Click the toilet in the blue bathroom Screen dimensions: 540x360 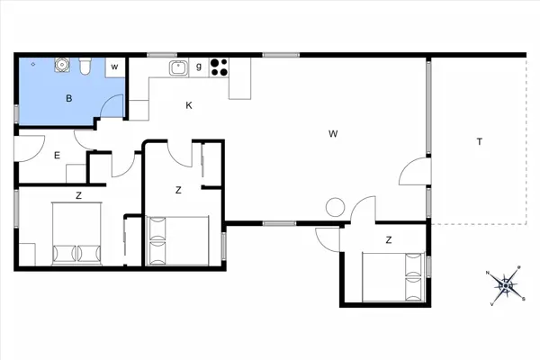[x=85, y=66]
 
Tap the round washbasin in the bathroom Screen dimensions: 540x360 [x=62, y=65]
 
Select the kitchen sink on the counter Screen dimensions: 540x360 [x=178, y=67]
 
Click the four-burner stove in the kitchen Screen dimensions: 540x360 [x=219, y=67]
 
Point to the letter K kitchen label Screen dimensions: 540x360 [x=189, y=105]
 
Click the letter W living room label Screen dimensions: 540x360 [x=333, y=134]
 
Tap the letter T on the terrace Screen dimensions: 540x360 [x=480, y=141]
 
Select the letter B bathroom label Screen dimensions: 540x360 [x=69, y=98]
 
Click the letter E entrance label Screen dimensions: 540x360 [x=58, y=156]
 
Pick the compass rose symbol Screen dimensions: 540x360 [x=505, y=285]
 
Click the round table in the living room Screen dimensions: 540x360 [x=335, y=207]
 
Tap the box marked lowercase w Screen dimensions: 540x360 [x=115, y=67]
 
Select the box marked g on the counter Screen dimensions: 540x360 [x=199, y=67]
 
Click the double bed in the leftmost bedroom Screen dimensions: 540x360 [x=76, y=234]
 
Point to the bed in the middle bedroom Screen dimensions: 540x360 [x=177, y=241]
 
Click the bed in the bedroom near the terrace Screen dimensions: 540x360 [x=392, y=277]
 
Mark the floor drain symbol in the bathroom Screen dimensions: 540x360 [x=33, y=64]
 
